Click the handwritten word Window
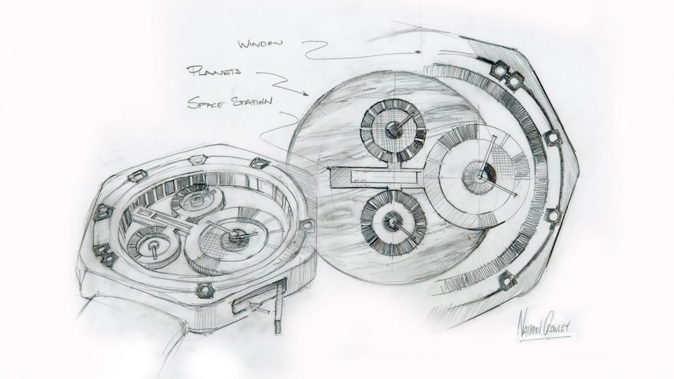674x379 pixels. coord(261,43)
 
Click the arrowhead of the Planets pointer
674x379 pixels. coord(305,92)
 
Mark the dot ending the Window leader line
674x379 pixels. coord(418,52)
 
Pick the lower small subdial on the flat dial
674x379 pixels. coord(392,222)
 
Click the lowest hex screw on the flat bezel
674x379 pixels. coord(508,281)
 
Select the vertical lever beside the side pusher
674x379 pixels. coord(280,305)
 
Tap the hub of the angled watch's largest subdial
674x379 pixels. coord(235,234)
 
